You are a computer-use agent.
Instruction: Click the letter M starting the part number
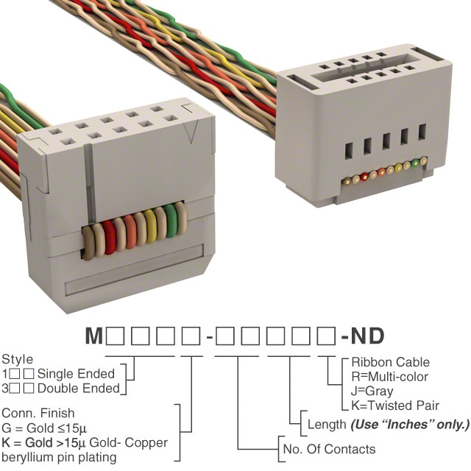(94, 336)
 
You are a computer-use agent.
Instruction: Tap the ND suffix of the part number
(367, 336)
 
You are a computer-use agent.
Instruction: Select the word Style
(18, 360)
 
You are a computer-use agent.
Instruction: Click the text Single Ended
(76, 374)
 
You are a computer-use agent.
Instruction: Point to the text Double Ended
(79, 389)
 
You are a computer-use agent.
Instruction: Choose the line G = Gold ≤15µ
(44, 428)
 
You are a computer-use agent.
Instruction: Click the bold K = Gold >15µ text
(44, 442)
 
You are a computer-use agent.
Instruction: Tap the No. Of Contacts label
(329, 449)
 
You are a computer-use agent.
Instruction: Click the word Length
(327, 425)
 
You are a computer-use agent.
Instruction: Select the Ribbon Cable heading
(390, 362)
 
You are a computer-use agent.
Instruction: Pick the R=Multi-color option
(389, 377)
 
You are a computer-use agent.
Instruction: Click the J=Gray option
(372, 391)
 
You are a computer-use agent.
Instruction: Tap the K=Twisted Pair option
(395, 406)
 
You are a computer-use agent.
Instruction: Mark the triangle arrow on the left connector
(191, 131)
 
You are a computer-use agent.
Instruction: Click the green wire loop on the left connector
(170, 222)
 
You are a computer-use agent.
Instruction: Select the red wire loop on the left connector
(109, 237)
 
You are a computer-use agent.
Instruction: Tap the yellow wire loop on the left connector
(150, 227)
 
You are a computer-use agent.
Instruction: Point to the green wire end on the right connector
(415, 163)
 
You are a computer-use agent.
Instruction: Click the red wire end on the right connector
(365, 177)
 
